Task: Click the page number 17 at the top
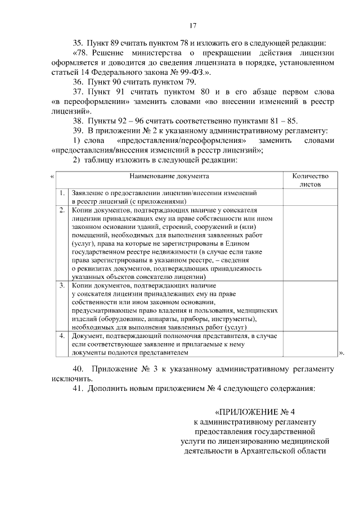(193, 25)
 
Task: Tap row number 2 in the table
(62, 209)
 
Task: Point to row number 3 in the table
(62, 286)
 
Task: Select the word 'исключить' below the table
(65, 379)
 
